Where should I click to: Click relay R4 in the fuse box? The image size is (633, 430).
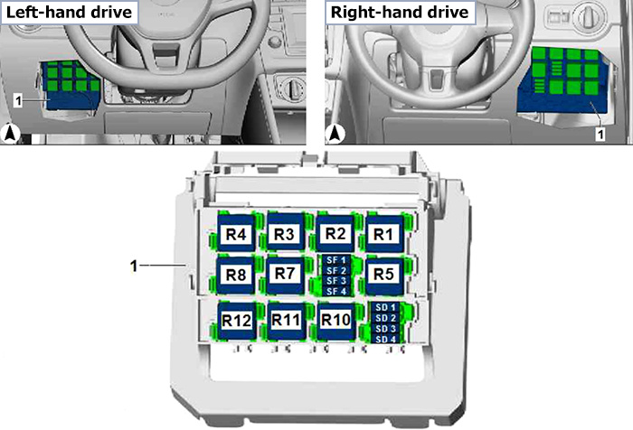236,233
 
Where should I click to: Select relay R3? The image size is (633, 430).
286,233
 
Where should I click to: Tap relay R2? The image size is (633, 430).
335,233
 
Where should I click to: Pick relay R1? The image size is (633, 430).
384,233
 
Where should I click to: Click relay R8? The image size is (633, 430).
236,275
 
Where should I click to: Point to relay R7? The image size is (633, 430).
286,275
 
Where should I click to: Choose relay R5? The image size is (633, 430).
384,275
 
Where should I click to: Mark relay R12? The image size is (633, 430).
237,321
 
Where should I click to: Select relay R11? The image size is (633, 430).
287,321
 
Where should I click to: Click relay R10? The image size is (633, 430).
335,321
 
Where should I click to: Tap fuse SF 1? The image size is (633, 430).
335,260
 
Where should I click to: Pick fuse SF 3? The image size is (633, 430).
335,281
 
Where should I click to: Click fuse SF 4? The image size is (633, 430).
335,291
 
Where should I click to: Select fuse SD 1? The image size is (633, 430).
385,307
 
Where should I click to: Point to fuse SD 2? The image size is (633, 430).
385,318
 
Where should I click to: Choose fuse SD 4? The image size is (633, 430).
385,339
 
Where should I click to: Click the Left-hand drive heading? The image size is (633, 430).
69,12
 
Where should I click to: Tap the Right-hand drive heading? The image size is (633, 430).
400,12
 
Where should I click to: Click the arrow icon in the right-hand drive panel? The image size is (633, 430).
335,134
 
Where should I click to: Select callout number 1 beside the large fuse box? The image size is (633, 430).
134,266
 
